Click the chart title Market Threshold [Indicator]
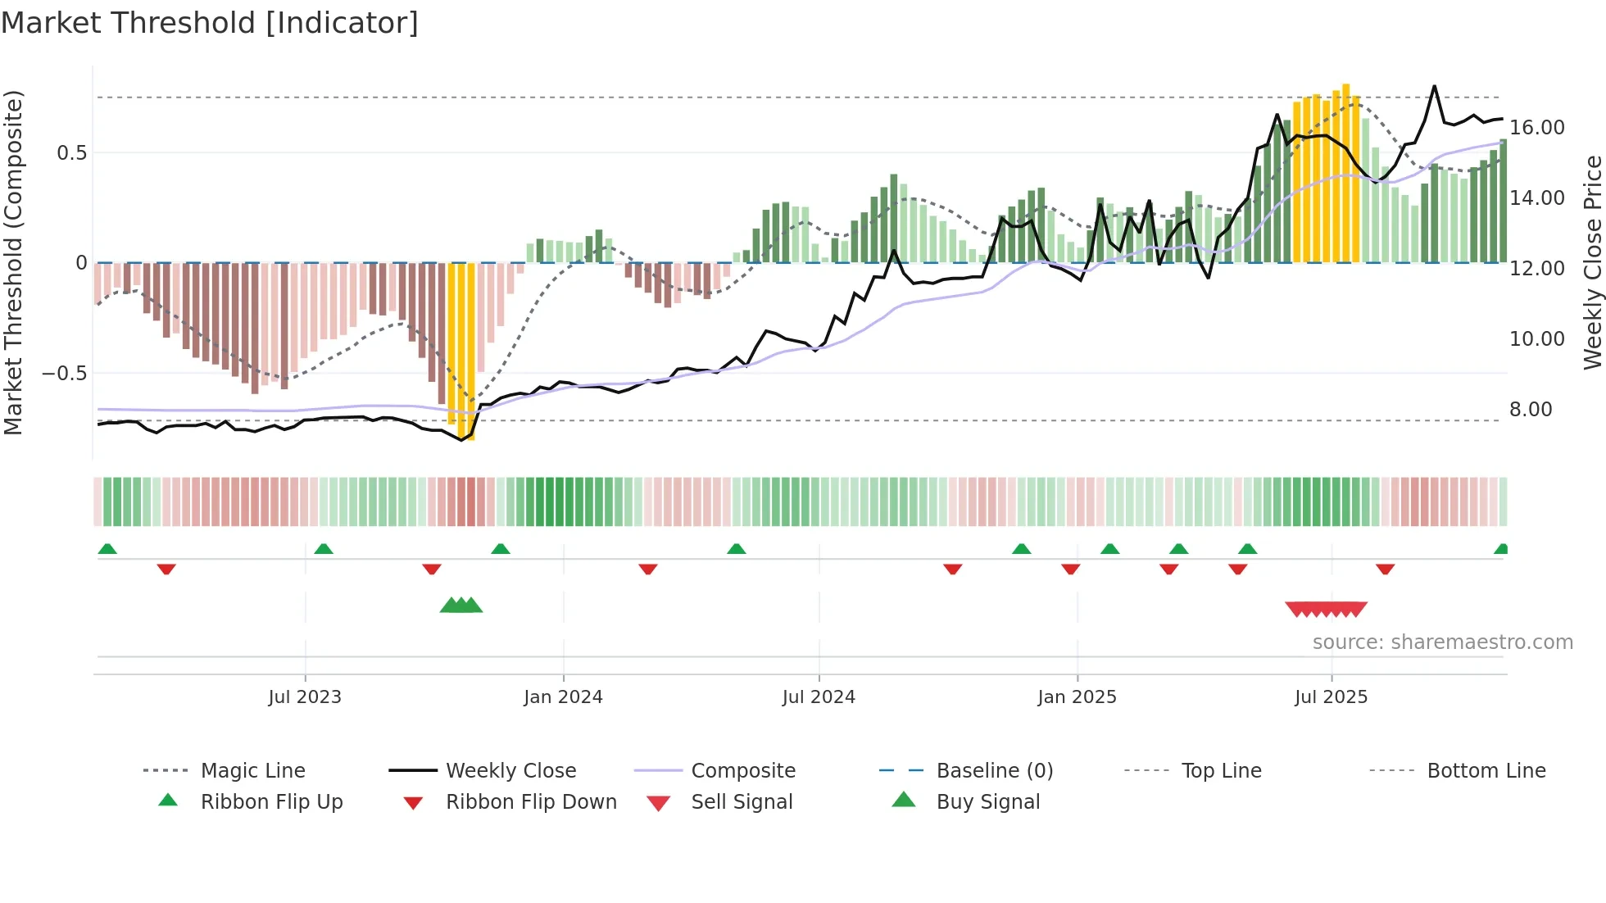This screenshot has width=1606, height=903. pos(210,23)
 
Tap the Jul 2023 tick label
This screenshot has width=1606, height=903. pos(305,697)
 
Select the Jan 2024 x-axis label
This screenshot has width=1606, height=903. pos(563,697)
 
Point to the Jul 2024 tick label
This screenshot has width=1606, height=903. pos(819,697)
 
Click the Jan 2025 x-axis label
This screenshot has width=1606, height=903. pos(1077,697)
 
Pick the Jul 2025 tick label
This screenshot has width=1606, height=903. pos(1332,697)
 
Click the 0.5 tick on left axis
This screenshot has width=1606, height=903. pos(72,153)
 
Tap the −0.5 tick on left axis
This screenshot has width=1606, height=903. pos(65,374)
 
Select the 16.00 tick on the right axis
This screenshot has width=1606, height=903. pos(1537,128)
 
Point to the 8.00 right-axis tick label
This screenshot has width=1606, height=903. pos(1531,410)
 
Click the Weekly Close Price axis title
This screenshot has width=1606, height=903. pos(1592,262)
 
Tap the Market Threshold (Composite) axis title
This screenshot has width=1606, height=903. pos(13,262)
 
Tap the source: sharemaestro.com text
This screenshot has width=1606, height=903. pos(1442,642)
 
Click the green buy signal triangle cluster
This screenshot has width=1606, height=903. pos(461,606)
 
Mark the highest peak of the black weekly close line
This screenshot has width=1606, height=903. pos(1434,86)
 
